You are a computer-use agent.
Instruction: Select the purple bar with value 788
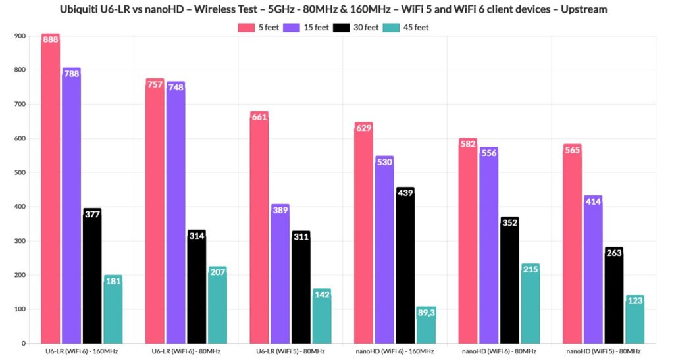tap(72, 211)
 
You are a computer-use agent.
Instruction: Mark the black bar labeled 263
tap(614, 296)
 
